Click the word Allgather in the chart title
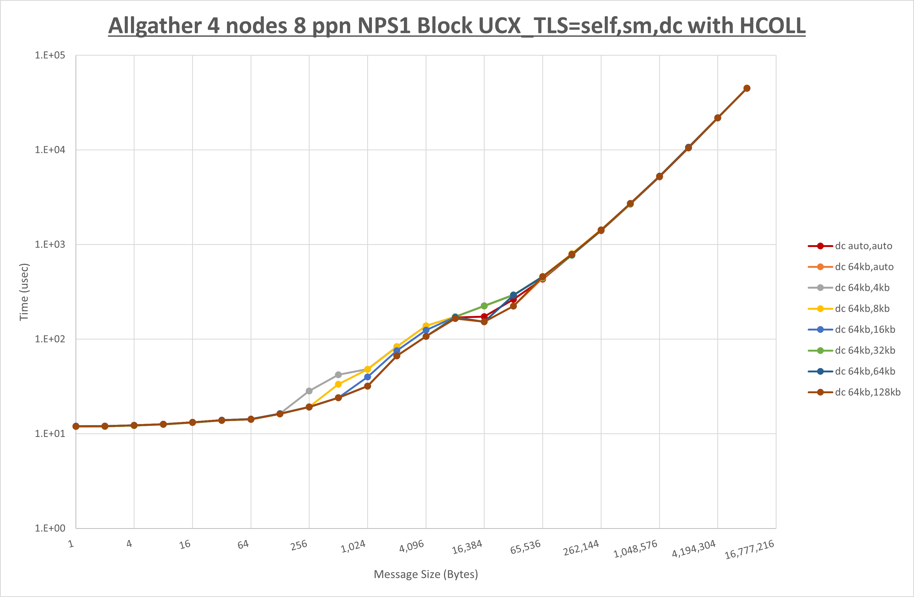coord(155,26)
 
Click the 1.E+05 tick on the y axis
coord(50,55)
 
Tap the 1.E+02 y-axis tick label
coord(50,339)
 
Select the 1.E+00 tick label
coord(50,528)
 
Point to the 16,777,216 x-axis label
coord(749,549)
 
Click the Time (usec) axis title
coord(24,292)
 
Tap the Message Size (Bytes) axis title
coord(426,574)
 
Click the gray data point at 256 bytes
coord(309,391)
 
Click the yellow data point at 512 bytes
coord(338,384)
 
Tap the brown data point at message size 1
coord(76,426)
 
